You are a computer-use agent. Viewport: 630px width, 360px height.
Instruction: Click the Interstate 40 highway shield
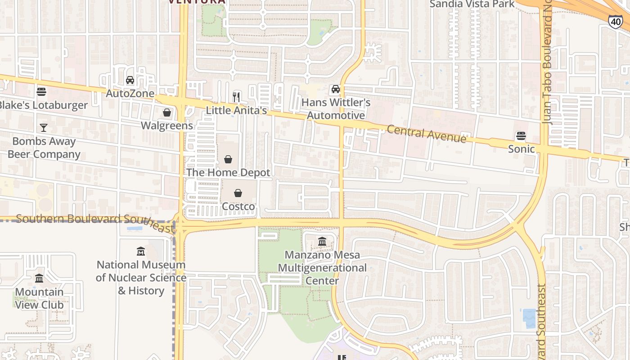615,21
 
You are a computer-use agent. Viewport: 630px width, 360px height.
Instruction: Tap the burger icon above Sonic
521,136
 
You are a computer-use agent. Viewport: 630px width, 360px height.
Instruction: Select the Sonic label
521,149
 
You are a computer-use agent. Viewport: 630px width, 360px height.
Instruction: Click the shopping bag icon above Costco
238,193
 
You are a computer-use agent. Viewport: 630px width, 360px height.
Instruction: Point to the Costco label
238,207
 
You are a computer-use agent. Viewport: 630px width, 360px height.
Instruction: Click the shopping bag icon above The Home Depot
228,159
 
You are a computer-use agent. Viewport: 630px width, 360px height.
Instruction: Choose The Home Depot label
228,172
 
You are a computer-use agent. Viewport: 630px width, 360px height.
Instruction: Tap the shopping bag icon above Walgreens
167,112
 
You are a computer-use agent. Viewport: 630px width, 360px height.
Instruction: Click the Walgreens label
167,126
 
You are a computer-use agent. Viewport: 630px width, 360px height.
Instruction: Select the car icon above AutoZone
130,81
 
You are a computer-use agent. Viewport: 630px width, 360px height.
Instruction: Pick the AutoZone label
130,94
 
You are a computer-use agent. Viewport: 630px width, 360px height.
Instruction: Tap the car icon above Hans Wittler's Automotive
335,89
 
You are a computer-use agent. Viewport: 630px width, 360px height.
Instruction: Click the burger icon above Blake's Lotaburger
41,92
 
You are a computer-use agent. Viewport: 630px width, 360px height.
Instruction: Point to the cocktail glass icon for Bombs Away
44,128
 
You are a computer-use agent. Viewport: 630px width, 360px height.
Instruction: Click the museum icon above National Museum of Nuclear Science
141,251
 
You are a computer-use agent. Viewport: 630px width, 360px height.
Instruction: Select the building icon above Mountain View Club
39,279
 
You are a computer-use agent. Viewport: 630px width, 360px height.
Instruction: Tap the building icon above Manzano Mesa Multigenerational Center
322,242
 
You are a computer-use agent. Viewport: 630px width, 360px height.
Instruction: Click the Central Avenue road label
426,134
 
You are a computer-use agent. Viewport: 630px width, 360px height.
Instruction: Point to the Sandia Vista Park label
472,4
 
